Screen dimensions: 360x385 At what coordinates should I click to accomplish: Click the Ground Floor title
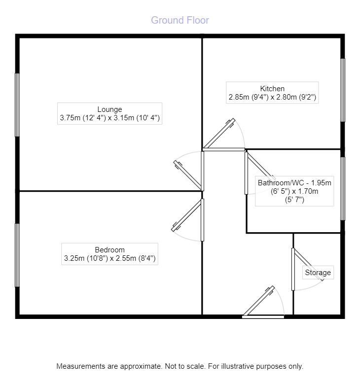(x=180, y=20)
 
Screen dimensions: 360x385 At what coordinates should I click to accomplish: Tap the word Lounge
(x=109, y=109)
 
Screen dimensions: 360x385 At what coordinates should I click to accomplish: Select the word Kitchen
(x=272, y=89)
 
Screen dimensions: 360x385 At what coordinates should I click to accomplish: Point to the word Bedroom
(x=109, y=249)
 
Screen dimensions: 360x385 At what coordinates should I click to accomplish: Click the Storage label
(x=318, y=273)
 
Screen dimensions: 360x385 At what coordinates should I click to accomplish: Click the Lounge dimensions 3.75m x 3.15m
(x=109, y=118)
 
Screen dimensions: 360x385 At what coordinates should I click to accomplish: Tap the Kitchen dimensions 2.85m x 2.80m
(x=272, y=98)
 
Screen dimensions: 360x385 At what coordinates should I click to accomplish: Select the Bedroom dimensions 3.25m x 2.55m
(x=109, y=258)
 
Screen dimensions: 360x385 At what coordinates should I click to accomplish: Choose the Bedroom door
(x=187, y=215)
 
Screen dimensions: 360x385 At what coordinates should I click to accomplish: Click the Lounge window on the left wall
(x=18, y=105)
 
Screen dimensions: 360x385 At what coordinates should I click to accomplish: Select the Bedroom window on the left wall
(x=18, y=255)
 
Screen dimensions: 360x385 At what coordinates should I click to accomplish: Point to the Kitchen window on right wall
(x=343, y=90)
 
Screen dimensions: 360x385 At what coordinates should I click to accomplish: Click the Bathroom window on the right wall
(x=343, y=188)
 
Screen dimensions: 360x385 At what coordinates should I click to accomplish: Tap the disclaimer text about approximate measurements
(x=180, y=366)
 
